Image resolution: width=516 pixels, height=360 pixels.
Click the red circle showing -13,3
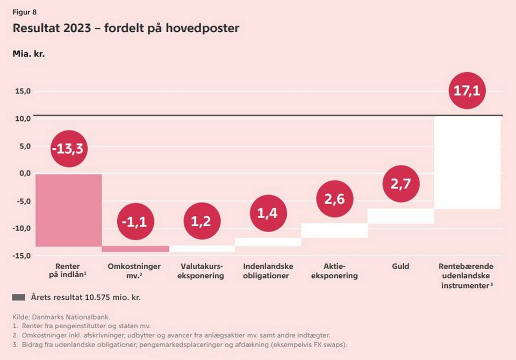pyautogui.click(x=68, y=149)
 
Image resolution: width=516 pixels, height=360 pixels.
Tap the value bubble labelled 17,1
pyautogui.click(x=467, y=90)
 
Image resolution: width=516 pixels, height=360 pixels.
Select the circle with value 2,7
pyautogui.click(x=401, y=184)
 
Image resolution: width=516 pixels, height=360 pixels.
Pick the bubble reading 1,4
pyautogui.click(x=268, y=213)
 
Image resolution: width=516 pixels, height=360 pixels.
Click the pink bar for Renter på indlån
pyautogui.click(x=68, y=210)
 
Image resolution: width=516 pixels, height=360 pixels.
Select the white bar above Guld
pyautogui.click(x=401, y=216)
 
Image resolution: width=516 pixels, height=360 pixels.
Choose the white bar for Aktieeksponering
pyautogui.click(x=334, y=230)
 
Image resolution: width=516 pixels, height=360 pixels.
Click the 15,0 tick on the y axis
pyautogui.click(x=22, y=91)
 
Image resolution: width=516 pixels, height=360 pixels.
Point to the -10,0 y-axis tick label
pyautogui.click(x=21, y=228)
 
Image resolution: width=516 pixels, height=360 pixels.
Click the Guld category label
pyautogui.click(x=401, y=267)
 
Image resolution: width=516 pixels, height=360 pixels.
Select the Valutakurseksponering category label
pyautogui.click(x=202, y=271)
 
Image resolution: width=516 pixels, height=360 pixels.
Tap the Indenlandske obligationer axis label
pyautogui.click(x=268, y=271)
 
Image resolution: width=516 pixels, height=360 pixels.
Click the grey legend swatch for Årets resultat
pyautogui.click(x=19, y=297)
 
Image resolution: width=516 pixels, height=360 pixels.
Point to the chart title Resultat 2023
pyautogui.click(x=126, y=28)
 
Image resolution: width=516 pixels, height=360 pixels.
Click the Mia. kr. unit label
pyautogui.click(x=28, y=54)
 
